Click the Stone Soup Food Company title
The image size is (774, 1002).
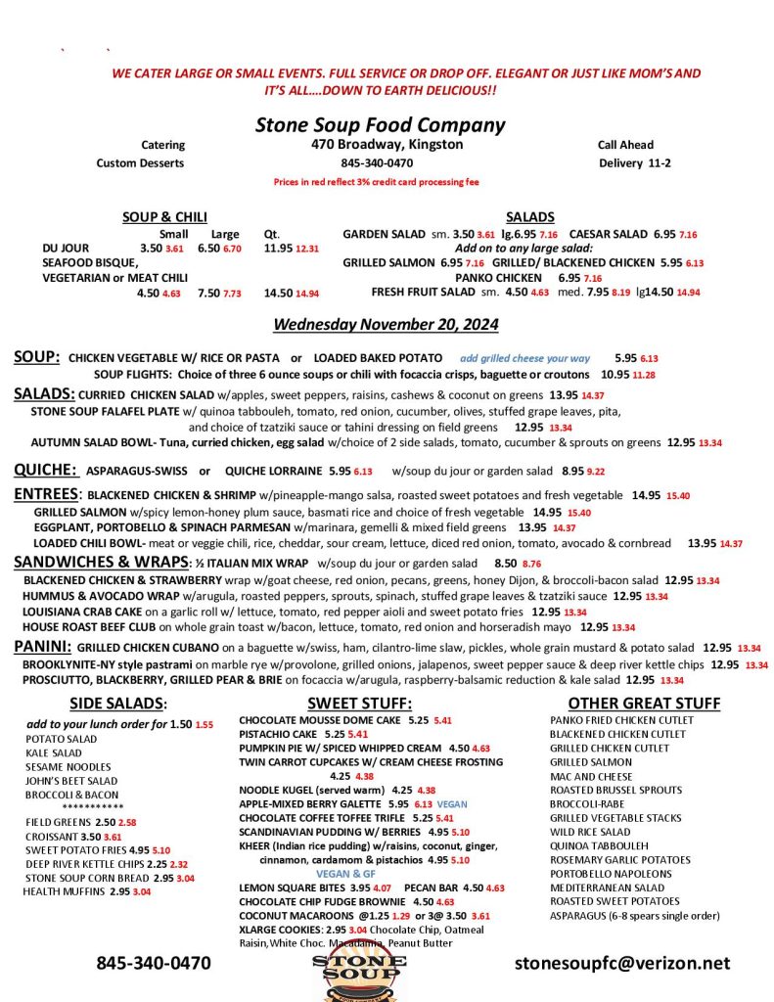tap(380, 124)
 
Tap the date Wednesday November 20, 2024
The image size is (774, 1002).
tap(386, 324)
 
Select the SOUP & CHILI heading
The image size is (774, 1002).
tap(164, 217)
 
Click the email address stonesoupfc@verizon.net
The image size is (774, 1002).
tap(622, 963)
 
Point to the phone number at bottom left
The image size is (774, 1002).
tap(153, 963)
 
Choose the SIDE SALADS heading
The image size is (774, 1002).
tap(117, 703)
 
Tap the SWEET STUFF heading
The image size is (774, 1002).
tap(359, 703)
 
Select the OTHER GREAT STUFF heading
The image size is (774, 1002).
tap(644, 703)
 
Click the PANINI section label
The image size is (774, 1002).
tap(43, 647)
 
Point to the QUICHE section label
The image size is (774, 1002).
tap(45, 470)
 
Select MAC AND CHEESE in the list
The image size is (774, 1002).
tap(591, 776)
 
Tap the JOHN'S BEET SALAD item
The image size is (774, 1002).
tap(71, 781)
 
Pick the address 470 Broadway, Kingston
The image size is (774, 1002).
tap(381, 145)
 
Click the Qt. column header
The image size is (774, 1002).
tap(272, 234)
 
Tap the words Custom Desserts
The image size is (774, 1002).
tap(141, 162)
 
